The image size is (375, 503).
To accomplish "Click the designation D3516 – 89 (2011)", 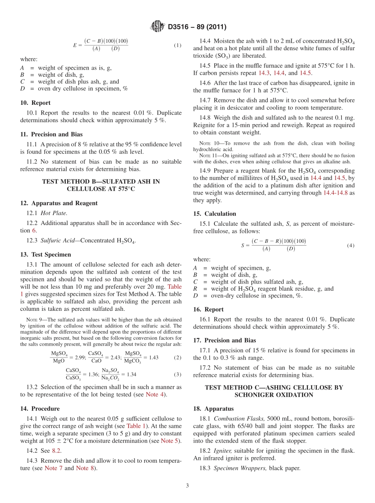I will click(x=197, y=27).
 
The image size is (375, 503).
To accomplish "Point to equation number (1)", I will click(x=178, y=45).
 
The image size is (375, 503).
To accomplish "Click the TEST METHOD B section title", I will click(x=101, y=185).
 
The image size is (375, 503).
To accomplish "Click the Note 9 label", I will click(x=32, y=320).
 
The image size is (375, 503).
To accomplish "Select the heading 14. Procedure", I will click(x=40, y=409).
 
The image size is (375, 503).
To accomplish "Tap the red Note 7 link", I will click(x=51, y=468).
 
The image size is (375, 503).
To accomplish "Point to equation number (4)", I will click(x=351, y=246).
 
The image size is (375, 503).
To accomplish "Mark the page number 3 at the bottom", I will click(x=187, y=486).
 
